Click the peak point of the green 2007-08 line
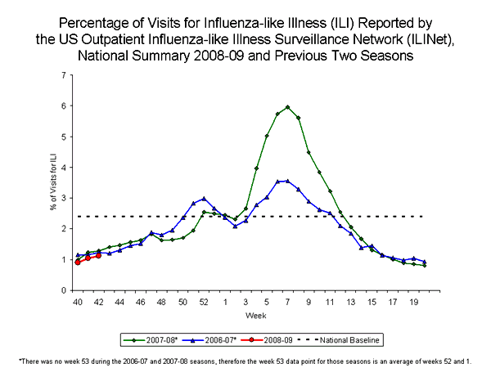[287, 107]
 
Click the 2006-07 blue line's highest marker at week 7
[287, 181]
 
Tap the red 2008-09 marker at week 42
[98, 256]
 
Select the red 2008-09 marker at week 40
[78, 262]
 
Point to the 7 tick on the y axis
[65, 75]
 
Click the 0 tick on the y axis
[65, 290]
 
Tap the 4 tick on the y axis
[65, 168]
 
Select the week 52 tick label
[204, 303]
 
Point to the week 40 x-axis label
[78, 303]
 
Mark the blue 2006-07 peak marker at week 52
[204, 199]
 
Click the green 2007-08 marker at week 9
[309, 152]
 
